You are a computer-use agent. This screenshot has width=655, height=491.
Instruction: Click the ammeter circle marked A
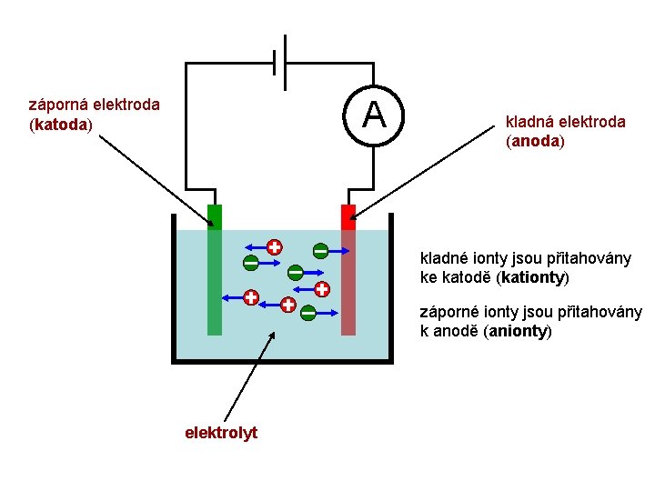(x=373, y=115)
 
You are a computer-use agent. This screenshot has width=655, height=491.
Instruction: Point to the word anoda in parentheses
(x=536, y=142)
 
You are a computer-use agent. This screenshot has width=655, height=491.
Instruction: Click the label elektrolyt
(x=221, y=433)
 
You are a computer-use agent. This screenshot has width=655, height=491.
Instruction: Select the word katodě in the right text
(x=459, y=276)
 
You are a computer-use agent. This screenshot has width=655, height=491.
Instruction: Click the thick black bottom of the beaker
(x=282, y=360)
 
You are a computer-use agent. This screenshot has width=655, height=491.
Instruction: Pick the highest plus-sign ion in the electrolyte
(x=273, y=246)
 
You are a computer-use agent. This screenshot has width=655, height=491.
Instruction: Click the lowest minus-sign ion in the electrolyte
(x=308, y=313)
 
